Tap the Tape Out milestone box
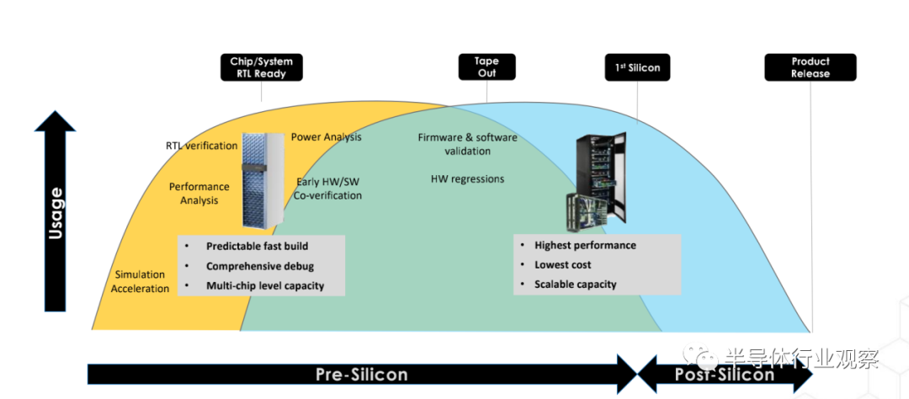[486, 67]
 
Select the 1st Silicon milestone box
[637, 67]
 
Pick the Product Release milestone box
[810, 67]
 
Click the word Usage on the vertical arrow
[56, 213]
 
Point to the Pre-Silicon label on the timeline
[361, 375]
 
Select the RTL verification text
[201, 146]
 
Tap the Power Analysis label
[326, 136]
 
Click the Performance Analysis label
[199, 193]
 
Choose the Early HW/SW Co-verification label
[328, 189]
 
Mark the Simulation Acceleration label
[141, 282]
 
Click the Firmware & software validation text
[467, 144]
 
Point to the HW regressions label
[467, 178]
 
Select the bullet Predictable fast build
[257, 247]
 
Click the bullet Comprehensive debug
[261, 266]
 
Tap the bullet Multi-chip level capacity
[264, 286]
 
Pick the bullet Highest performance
[585, 245]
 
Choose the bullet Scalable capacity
[575, 285]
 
